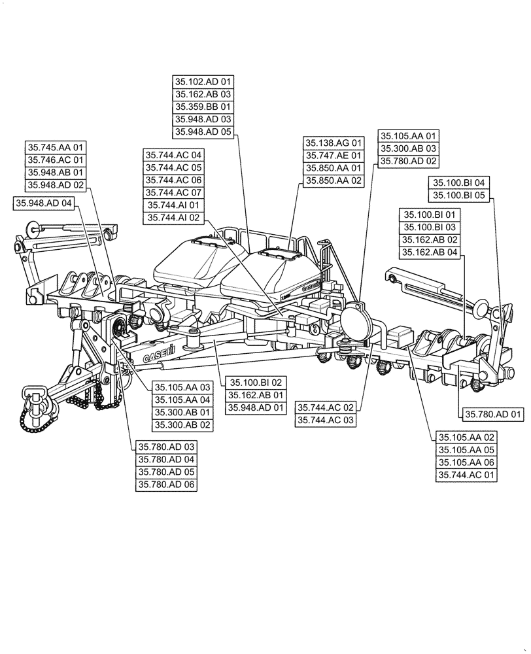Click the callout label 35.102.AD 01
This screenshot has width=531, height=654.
click(203, 82)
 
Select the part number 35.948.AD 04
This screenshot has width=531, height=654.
click(44, 203)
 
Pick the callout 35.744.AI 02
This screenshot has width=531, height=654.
click(173, 218)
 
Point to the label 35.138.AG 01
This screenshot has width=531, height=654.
click(332, 143)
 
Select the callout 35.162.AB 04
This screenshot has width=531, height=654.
click(431, 252)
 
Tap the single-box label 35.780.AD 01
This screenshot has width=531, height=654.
click(494, 413)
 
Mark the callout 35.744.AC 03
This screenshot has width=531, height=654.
click(326, 420)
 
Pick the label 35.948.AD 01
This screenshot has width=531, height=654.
click(256, 407)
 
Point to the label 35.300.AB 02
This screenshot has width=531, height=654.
click(182, 425)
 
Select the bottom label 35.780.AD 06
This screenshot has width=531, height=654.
click(167, 484)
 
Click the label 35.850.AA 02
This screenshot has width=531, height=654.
click(332, 181)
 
